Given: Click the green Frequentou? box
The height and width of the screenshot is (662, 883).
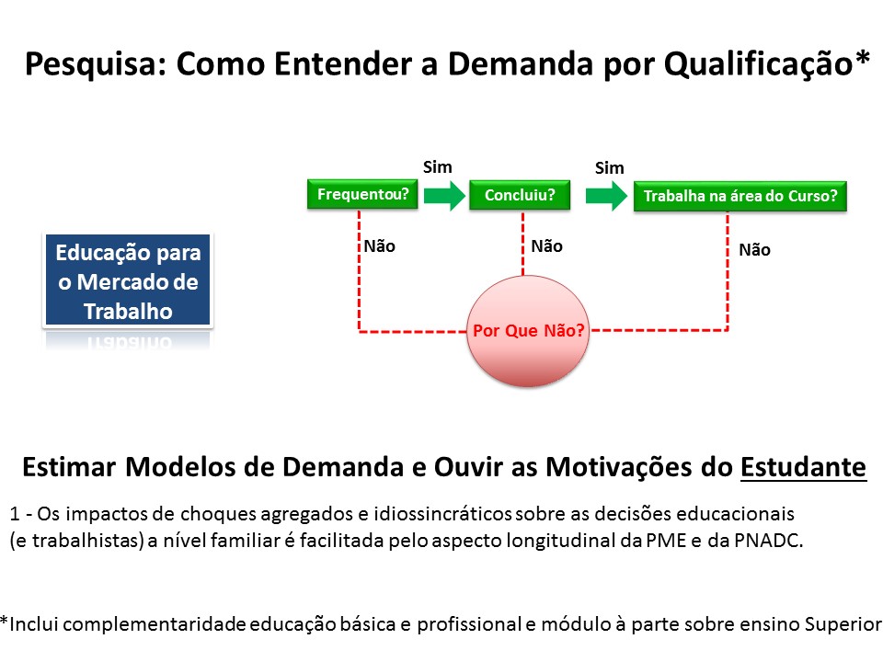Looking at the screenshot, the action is pos(362,194).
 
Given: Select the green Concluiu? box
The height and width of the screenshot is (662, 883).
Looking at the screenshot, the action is pos(520,195).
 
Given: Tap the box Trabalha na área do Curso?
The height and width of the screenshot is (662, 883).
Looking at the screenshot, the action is pos(740,196).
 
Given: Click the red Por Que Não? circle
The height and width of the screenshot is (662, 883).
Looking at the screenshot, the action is pos(528,330).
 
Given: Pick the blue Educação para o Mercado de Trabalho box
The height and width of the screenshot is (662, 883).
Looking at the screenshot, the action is pos(128,280).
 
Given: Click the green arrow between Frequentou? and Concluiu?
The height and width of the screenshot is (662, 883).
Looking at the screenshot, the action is pos(445,195).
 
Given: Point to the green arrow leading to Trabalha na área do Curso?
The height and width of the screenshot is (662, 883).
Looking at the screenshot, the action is pos(606,196).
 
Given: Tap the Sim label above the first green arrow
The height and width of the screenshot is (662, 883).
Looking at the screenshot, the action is pos(438,167).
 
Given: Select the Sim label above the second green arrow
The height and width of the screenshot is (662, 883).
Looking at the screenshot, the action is pos(609,167).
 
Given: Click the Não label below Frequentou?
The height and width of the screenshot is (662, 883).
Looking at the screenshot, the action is pos(380,246).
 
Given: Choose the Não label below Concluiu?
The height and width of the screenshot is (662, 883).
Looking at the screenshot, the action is pos(546,246).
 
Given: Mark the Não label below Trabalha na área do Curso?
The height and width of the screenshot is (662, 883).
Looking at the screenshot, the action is pos(754,249).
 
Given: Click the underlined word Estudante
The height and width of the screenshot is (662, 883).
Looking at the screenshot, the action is pos(803,467).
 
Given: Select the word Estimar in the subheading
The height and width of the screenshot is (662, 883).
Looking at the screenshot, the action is pos(69,467).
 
